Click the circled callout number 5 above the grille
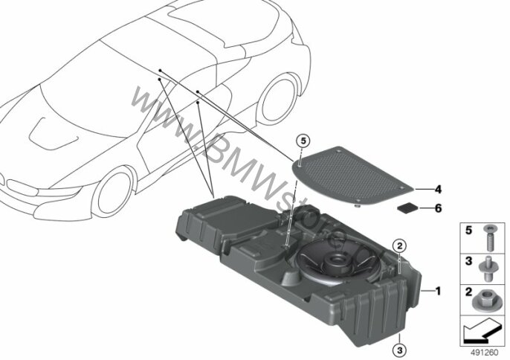click(303, 141)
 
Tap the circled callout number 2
click(400, 245)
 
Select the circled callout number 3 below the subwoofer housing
click(400, 350)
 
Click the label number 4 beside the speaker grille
click(438, 189)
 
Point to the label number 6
click(438, 208)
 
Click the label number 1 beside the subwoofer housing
click(438, 291)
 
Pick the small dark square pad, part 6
click(407, 208)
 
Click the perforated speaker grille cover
click(353, 176)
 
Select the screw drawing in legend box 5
click(488, 239)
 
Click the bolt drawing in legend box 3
click(488, 269)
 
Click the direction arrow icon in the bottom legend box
click(482, 330)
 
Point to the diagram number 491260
click(484, 353)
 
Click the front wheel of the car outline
click(114, 193)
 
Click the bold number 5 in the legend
click(468, 231)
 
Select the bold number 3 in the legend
click(468, 261)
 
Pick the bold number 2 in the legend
click(468, 292)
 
